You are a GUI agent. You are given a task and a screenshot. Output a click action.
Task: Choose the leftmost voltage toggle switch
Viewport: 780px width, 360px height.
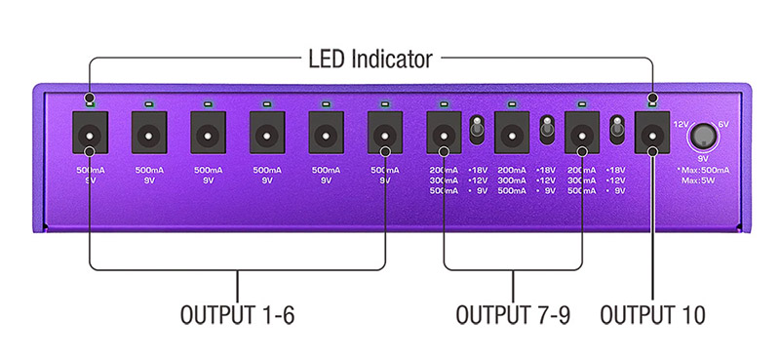click(x=479, y=128)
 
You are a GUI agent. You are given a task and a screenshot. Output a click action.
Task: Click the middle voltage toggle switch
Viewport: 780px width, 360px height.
click(x=548, y=128)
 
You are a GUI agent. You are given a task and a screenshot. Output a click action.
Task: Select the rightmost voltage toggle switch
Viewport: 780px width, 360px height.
click(x=616, y=128)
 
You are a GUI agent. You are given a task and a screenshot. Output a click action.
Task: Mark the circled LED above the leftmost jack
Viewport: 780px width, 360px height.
click(x=90, y=100)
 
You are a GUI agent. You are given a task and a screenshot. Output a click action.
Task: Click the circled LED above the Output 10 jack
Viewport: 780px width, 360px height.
click(x=651, y=100)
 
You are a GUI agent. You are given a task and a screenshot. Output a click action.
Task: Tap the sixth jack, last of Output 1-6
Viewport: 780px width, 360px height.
click(x=384, y=132)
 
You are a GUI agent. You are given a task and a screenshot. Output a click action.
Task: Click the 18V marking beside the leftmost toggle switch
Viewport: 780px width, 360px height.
click(x=478, y=169)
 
